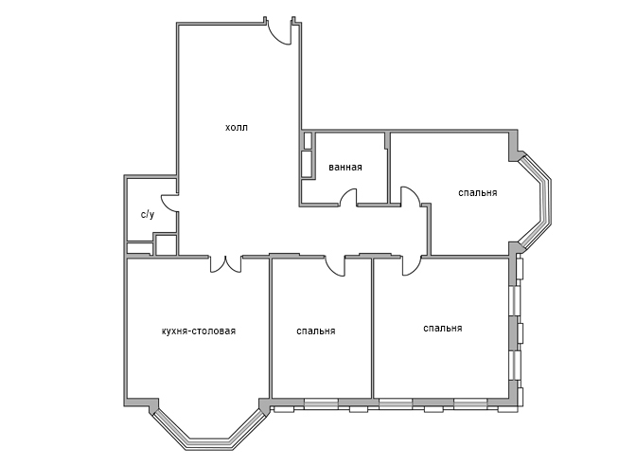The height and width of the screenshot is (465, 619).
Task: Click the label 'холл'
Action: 237,128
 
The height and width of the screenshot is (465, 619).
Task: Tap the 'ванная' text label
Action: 345,167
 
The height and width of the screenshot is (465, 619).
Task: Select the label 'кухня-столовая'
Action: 199,331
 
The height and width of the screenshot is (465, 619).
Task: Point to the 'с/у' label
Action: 148,215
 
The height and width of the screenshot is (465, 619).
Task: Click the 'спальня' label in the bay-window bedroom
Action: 478,193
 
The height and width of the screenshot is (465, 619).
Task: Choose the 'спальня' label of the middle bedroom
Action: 316,331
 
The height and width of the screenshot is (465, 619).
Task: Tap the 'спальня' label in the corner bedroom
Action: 443,329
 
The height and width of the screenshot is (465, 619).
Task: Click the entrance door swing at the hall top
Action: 280,32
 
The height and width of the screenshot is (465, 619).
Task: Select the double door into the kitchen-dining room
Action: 225,264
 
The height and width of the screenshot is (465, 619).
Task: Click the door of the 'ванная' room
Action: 348,197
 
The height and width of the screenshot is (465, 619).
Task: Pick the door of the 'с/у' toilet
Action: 169,203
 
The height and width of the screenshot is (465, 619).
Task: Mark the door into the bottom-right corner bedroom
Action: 412,265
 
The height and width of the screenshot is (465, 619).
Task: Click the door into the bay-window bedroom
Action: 411,196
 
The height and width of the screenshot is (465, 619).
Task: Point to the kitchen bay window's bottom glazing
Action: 208,444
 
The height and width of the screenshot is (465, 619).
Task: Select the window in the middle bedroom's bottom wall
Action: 322,403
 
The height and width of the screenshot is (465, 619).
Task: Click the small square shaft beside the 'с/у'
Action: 167,245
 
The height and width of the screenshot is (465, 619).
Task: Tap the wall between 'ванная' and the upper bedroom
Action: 388,168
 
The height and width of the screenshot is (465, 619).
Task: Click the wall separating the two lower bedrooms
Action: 373,328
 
